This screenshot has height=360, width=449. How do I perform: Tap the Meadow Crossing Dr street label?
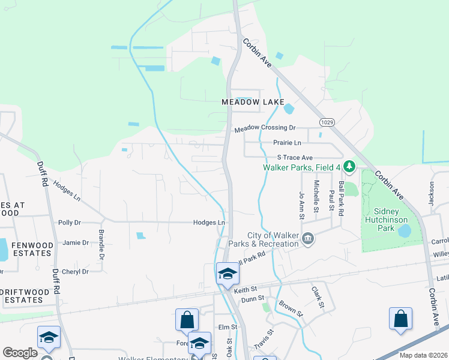pos(265,128)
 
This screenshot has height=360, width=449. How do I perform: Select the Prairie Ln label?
pos(287,143)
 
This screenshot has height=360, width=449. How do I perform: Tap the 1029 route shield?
pos(327,122)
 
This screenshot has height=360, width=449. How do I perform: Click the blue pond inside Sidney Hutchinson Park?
pos(405,230)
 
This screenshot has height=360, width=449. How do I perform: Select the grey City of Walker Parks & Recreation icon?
pos(308,239)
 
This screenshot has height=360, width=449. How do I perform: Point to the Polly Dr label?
pos(70,223)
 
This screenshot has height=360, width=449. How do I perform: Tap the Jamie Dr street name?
pos(76,242)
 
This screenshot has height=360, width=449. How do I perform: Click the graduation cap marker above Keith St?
pos(228,274)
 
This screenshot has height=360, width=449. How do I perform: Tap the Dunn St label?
pos(252,299)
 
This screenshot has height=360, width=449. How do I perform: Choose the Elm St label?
pos(228,327)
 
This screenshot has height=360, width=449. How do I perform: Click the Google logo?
pos(20,353)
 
